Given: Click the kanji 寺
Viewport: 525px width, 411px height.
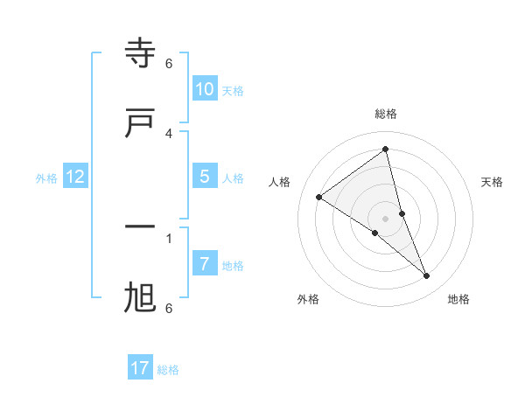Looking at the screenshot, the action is pyautogui.click(x=140, y=54).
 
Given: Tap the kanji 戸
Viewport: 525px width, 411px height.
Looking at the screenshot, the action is pyautogui.click(x=140, y=123).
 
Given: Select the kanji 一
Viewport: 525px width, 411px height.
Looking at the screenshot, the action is pyautogui.click(x=140, y=228).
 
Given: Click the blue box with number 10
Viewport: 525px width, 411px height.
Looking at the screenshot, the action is pyautogui.click(x=204, y=89).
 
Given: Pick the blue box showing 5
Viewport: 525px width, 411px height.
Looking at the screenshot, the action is pyautogui.click(x=204, y=177).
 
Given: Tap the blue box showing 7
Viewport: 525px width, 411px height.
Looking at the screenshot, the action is pyautogui.click(x=204, y=263).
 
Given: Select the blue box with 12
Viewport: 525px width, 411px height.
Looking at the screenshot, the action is pyautogui.click(x=75, y=177).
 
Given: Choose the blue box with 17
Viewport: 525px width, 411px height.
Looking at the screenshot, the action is pyautogui.click(x=140, y=368).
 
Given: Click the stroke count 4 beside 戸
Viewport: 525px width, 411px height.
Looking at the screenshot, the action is pyautogui.click(x=169, y=133).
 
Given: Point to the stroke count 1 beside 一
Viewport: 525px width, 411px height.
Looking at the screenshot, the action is pyautogui.click(x=169, y=237).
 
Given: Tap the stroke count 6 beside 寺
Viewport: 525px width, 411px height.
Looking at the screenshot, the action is pyautogui.click(x=169, y=64).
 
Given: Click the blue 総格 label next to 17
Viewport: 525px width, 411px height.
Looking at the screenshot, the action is pyautogui.click(x=168, y=370).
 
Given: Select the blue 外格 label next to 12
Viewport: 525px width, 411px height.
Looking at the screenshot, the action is pyautogui.click(x=46, y=178).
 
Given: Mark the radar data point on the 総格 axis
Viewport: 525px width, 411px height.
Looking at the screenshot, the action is pyautogui.click(x=385, y=149).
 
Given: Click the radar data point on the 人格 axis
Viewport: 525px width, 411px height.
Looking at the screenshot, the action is pyautogui.click(x=318, y=197).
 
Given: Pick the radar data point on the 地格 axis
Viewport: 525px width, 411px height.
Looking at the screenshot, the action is pyautogui.click(x=427, y=276).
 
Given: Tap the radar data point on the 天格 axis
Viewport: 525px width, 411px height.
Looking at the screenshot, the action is pyautogui.click(x=402, y=213).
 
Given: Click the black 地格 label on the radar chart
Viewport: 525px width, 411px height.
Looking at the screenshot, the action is pyautogui.click(x=458, y=299).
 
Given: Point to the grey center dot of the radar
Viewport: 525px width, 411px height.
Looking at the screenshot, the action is pyautogui.click(x=385, y=218).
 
